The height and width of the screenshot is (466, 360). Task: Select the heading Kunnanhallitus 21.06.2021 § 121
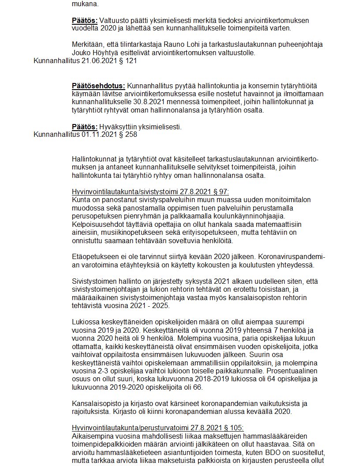click(85, 61)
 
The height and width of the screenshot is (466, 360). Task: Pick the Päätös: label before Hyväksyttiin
click(85, 127)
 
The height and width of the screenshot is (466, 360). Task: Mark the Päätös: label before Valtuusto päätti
click(85, 21)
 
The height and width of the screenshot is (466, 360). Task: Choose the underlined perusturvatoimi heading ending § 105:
click(157, 428)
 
